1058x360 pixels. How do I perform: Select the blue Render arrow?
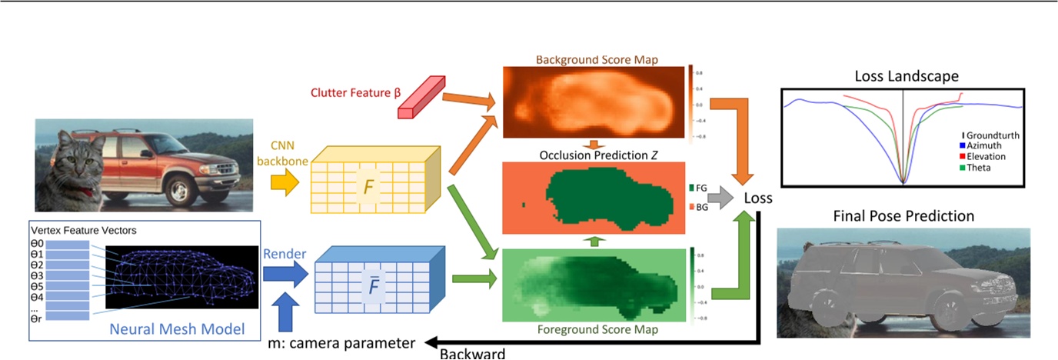click(286, 273)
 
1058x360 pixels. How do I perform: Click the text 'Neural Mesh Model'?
click(178, 329)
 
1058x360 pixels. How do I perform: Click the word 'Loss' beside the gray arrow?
click(758, 198)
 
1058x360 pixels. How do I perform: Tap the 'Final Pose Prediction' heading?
click(903, 215)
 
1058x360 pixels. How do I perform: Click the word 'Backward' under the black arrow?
click(473, 354)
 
